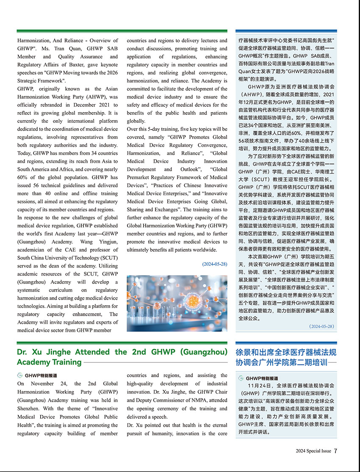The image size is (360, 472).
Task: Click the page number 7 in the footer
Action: (x=335, y=451)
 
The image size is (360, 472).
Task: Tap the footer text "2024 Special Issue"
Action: (x=313, y=451)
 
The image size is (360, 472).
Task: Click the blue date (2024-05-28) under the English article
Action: (x=215, y=264)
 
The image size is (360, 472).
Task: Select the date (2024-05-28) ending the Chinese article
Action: (x=321, y=326)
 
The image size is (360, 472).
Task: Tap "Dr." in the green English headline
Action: (x=22, y=352)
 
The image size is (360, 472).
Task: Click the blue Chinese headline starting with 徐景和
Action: (x=286, y=357)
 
